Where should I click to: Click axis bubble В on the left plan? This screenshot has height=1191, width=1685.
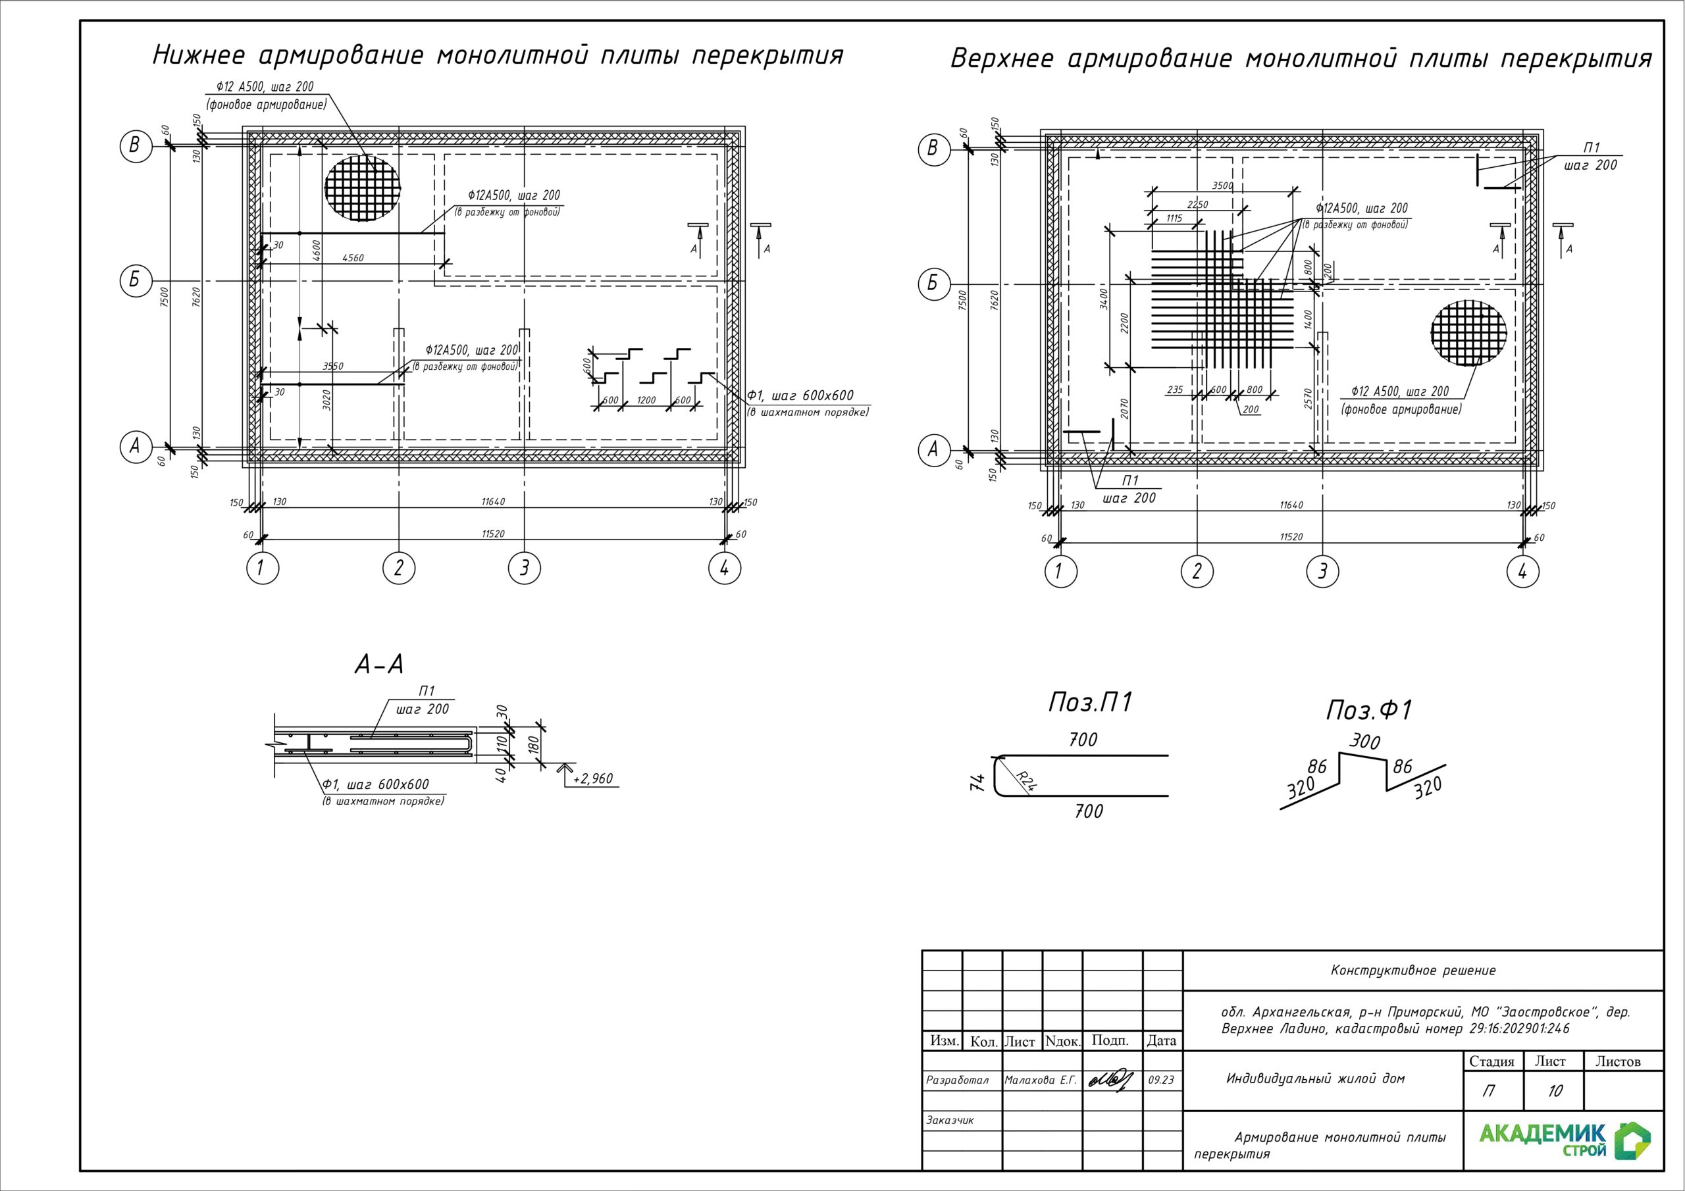point(134,145)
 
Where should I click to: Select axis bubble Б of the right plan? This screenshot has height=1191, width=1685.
point(932,283)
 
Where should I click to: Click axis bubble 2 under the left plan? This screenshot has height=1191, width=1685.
point(398,568)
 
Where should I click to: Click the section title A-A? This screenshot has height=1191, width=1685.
point(378,665)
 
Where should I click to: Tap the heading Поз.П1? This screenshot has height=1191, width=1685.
point(1091,703)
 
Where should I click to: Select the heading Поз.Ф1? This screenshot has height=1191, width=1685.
point(1368,711)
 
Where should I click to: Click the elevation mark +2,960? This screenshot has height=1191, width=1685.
point(593,778)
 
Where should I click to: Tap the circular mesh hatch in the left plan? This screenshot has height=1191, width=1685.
point(363,187)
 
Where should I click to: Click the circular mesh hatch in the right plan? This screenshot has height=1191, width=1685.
point(1468,332)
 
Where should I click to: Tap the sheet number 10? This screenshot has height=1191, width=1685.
point(1555,1091)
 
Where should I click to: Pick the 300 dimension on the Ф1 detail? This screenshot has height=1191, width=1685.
point(1365,742)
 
